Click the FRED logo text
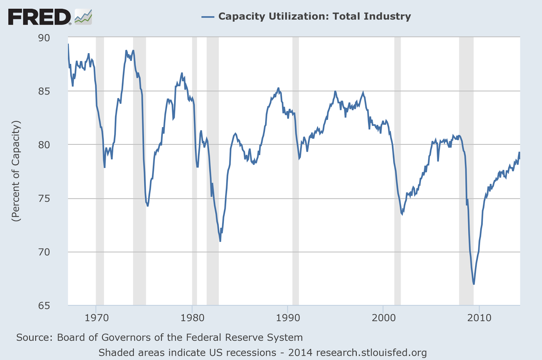(39, 17)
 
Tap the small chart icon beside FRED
(83, 17)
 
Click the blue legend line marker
(208, 17)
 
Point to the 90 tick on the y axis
(44, 38)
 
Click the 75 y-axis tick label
(44, 198)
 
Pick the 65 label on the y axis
(44, 305)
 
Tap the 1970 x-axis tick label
(97, 318)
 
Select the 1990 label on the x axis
(288, 318)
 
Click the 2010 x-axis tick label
(479, 318)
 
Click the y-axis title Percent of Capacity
(16, 171)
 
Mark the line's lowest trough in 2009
(474, 284)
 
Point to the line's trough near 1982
(220, 241)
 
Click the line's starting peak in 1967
(68, 44)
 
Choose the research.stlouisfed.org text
(371, 353)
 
